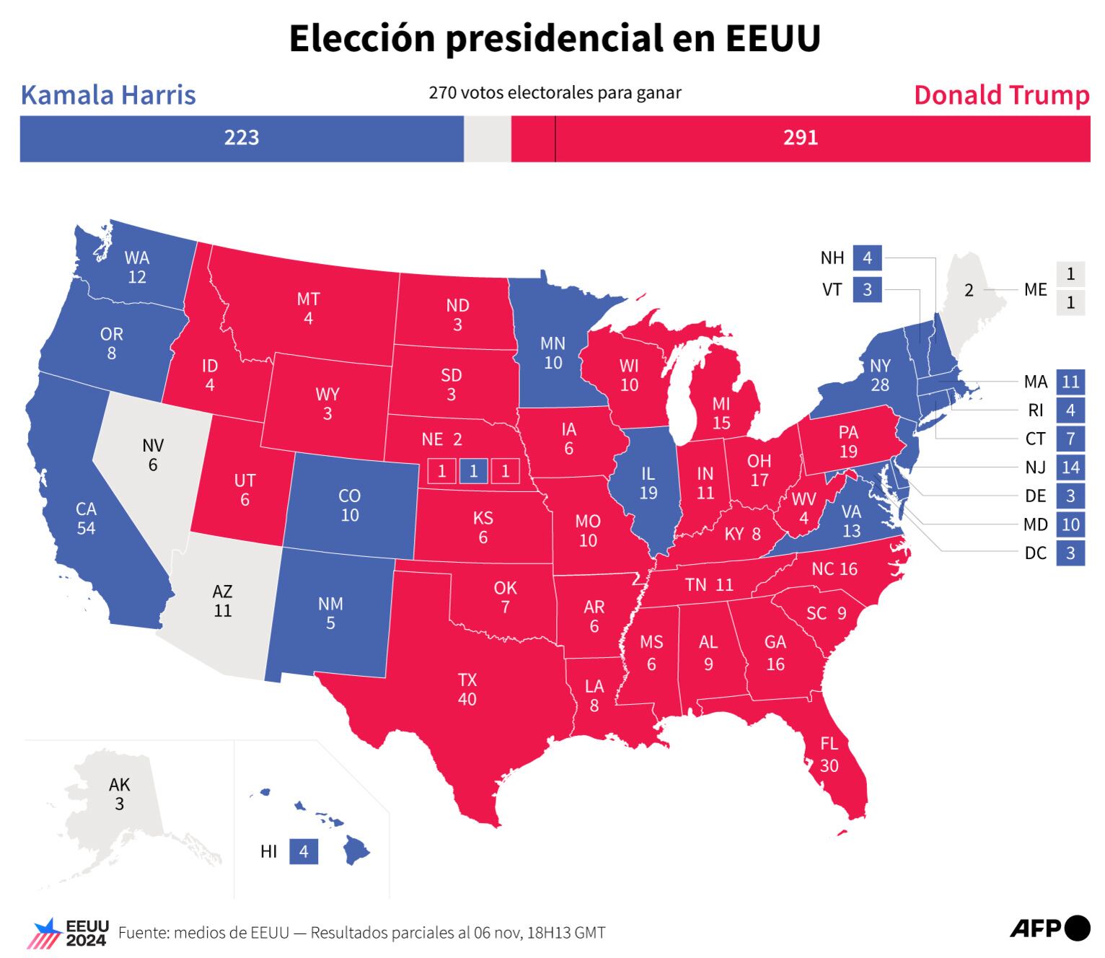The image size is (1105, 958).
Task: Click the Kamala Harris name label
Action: tap(108, 95)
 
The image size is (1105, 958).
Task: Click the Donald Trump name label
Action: tap(1001, 95)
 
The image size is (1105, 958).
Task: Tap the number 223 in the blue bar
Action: tap(241, 138)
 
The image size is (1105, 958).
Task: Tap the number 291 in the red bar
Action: tap(801, 138)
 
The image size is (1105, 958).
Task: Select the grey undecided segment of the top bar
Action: tap(487, 138)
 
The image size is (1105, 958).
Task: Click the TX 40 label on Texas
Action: tap(467, 690)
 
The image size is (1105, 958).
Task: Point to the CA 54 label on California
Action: tap(86, 518)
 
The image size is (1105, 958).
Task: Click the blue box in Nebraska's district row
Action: tap(473, 471)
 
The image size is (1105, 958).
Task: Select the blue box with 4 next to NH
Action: tap(867, 258)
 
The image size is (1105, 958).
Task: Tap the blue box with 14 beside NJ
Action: tap(1070, 467)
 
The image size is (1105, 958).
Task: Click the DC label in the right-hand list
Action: tap(1035, 553)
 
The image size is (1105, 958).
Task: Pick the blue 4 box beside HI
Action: tap(304, 851)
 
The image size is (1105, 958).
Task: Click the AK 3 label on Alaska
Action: tap(120, 794)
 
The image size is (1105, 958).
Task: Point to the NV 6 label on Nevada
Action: tap(153, 454)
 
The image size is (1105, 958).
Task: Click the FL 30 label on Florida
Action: tap(829, 755)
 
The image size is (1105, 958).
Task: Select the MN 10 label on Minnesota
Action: tap(553, 353)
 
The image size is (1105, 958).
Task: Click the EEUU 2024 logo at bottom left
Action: tap(68, 933)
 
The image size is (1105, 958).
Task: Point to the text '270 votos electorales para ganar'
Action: tap(555, 93)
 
